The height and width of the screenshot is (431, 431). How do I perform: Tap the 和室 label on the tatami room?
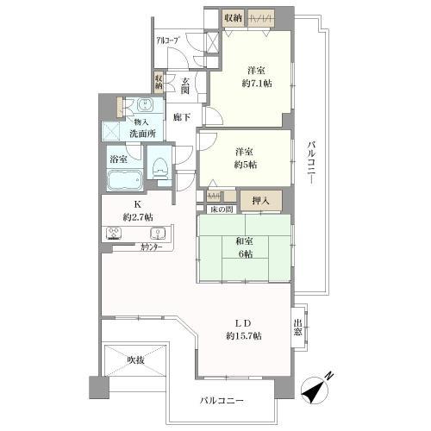pos(244,242)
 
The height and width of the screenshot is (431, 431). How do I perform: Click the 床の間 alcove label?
pos(222,210)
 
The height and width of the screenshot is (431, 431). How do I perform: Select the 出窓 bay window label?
pos(298,327)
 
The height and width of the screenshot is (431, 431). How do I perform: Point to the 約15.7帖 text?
pos(244,334)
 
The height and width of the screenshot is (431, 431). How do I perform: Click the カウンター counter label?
pos(131,247)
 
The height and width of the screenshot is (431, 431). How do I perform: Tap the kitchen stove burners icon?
pos(116,232)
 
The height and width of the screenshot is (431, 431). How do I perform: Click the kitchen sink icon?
pos(157,233)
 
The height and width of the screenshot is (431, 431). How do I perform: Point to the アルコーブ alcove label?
pos(168,41)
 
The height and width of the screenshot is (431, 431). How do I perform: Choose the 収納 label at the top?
pos(233,17)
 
